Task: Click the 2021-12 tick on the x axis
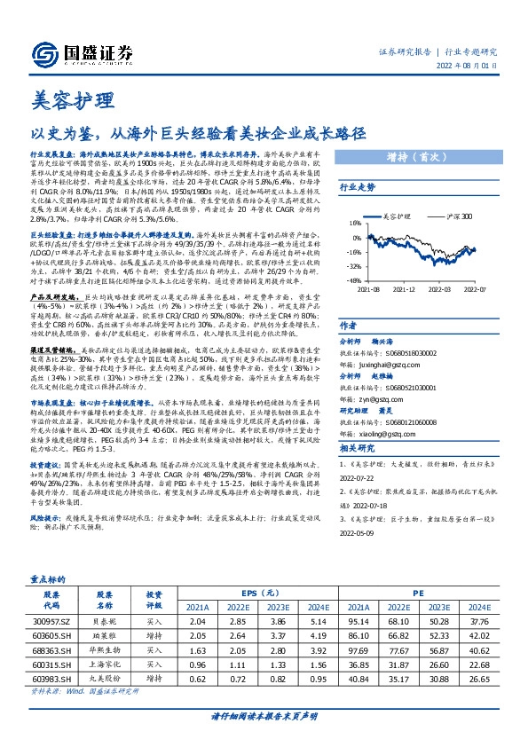tap(404, 288)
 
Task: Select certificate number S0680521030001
tap(391, 387)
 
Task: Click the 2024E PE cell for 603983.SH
tap(479, 677)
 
